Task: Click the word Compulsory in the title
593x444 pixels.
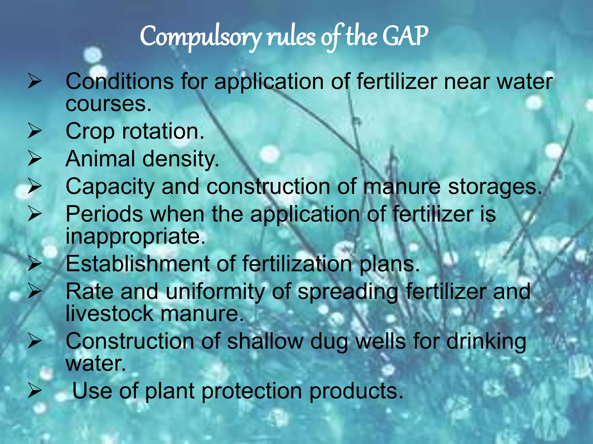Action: click(200, 37)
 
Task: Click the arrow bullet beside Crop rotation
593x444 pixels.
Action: click(35, 131)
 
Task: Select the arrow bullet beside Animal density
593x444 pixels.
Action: click(35, 159)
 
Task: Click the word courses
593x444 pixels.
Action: click(108, 104)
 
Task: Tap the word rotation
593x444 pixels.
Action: click(163, 131)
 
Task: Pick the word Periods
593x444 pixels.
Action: click(104, 214)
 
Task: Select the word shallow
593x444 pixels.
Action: click(265, 341)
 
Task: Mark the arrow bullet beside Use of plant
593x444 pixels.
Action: click(35, 392)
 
